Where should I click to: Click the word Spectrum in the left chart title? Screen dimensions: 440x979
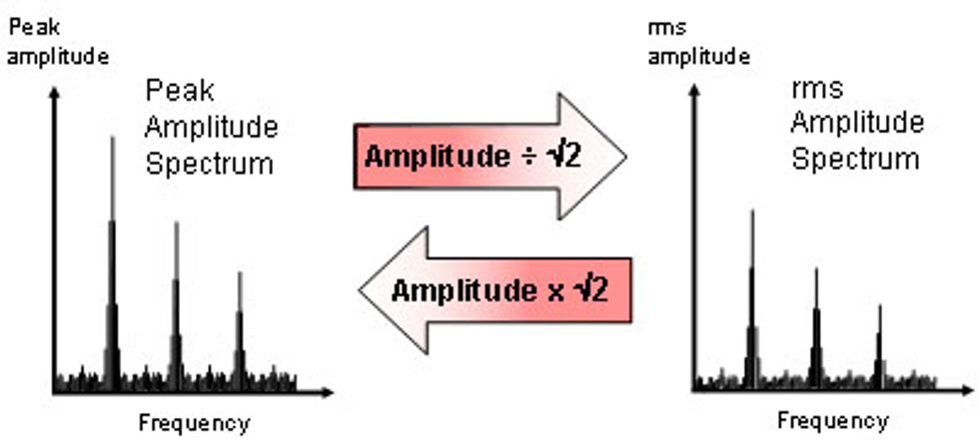[x=209, y=164]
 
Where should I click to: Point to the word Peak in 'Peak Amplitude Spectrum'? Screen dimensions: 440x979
[x=167, y=91]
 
